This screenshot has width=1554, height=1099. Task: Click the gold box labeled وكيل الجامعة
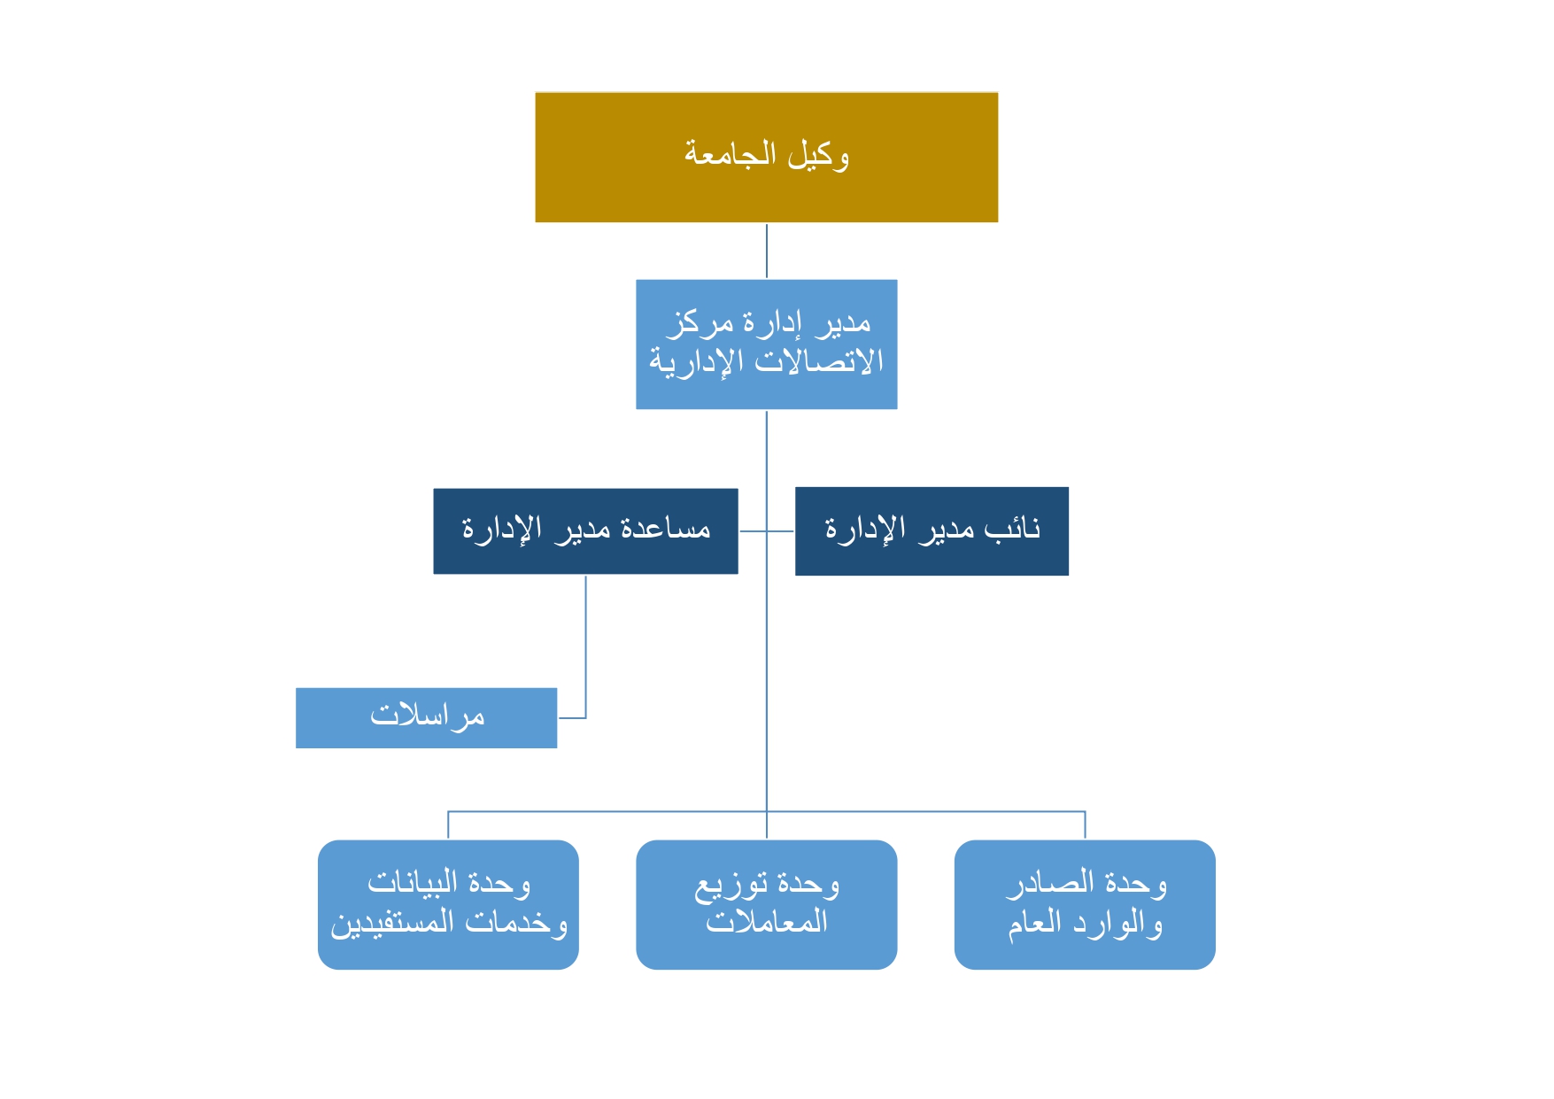767,157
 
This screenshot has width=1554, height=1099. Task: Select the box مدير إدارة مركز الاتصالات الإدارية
767,344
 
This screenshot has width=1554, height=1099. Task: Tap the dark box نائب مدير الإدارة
932,531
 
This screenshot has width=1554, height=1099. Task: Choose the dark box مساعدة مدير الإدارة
585,531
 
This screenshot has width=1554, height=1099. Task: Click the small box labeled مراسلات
427,718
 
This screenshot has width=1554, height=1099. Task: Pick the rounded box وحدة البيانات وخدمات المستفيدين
448,904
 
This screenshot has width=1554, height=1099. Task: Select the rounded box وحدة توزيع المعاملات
767,904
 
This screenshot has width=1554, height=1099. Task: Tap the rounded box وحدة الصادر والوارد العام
1085,904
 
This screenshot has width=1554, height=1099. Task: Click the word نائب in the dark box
1012,529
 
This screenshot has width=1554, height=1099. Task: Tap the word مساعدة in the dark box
666,529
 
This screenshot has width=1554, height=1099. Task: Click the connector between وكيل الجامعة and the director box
767,252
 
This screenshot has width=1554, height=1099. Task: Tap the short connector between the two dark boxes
767,531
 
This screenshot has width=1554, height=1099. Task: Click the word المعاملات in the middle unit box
767,922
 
